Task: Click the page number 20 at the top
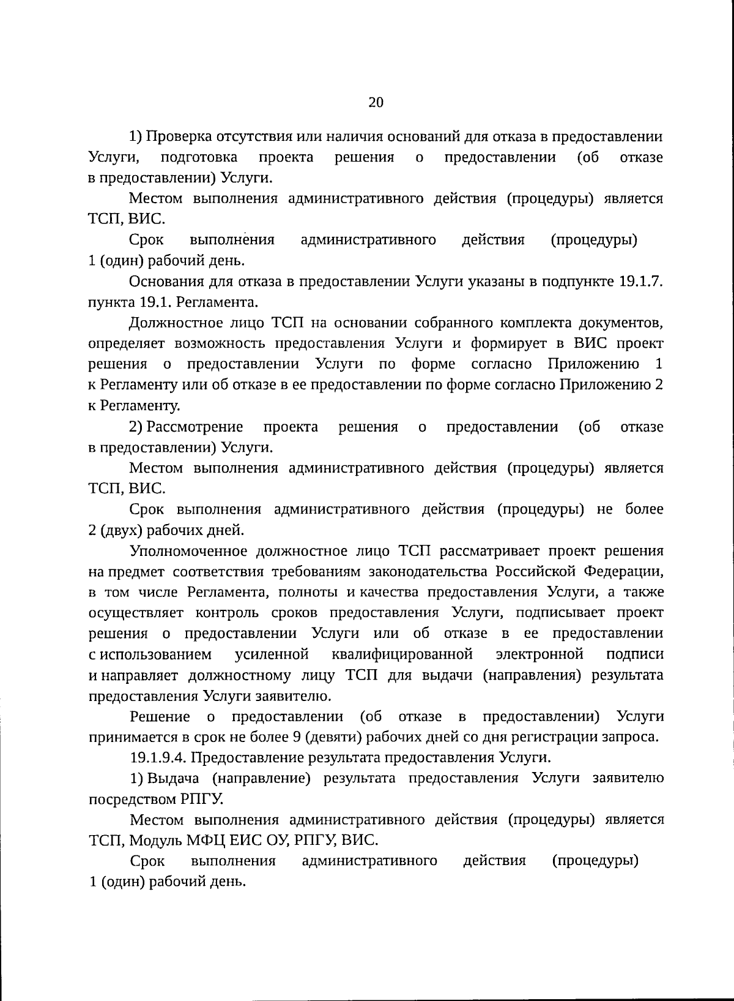tap(376, 102)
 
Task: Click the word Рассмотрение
tap(195, 427)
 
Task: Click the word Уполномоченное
tap(186, 551)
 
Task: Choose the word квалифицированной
tap(402, 654)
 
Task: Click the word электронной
tap(539, 654)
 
